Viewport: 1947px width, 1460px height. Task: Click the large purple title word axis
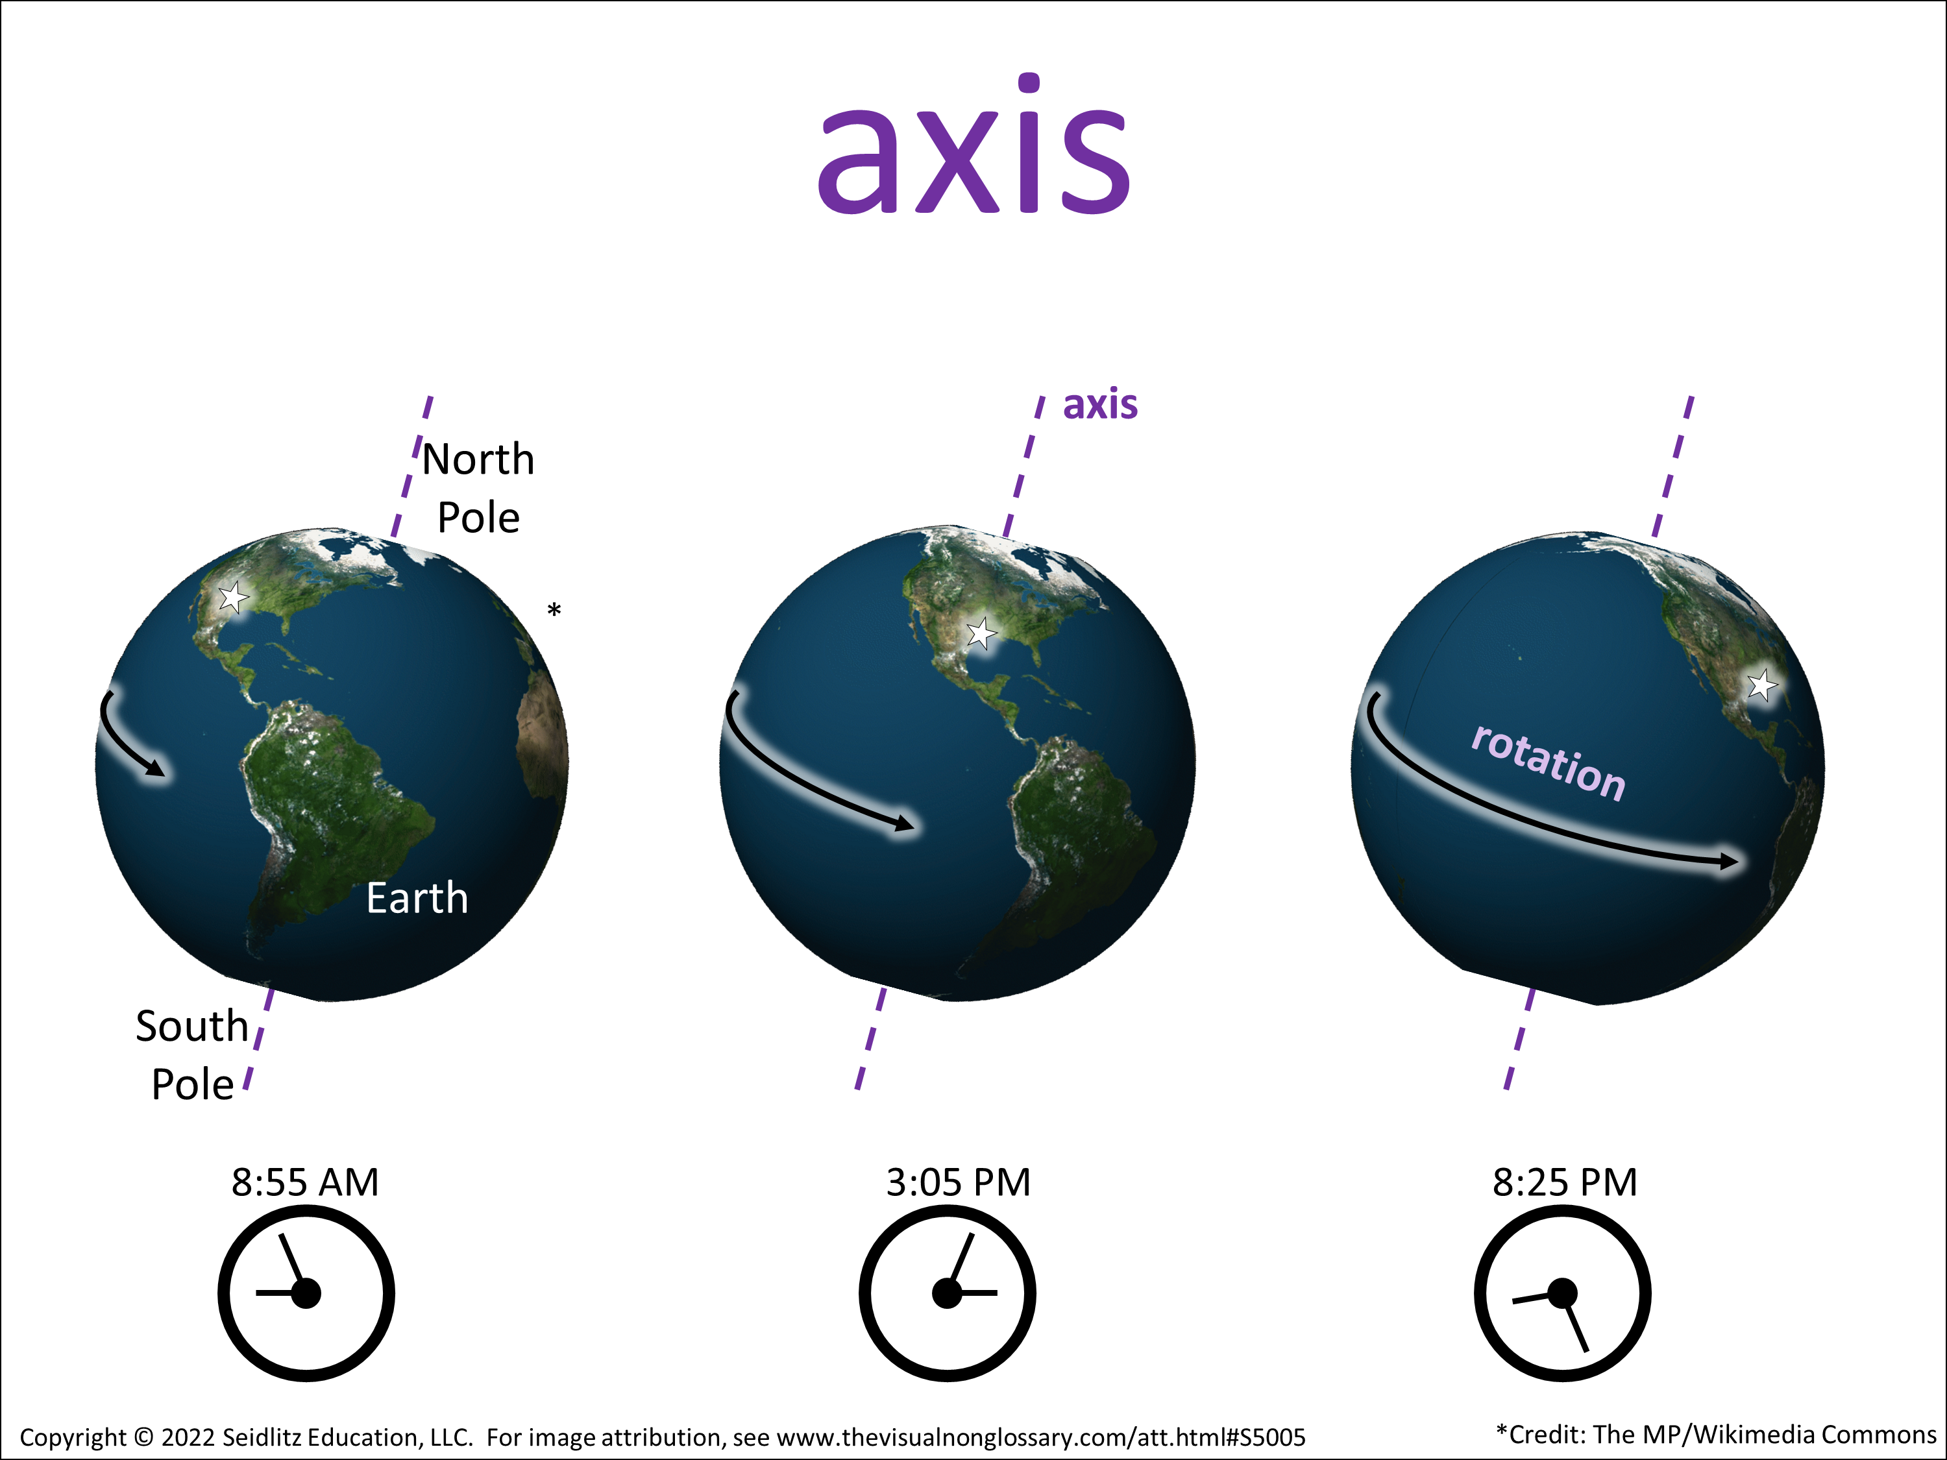(x=973, y=145)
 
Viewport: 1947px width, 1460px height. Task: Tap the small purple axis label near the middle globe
(x=1100, y=404)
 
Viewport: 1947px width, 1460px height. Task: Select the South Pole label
(x=192, y=1054)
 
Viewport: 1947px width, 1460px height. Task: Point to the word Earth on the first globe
(x=417, y=899)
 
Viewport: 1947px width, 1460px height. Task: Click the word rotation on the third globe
(x=1549, y=763)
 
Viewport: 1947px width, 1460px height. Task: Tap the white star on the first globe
(x=233, y=598)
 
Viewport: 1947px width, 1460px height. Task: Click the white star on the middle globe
(x=981, y=633)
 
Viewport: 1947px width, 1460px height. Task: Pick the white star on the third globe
(x=1761, y=685)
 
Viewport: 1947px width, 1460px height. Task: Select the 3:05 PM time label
(x=958, y=1182)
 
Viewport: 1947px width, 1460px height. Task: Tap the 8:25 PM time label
(x=1565, y=1182)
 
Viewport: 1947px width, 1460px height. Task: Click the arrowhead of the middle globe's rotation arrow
(x=905, y=823)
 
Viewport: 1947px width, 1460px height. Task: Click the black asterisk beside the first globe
(x=554, y=609)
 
